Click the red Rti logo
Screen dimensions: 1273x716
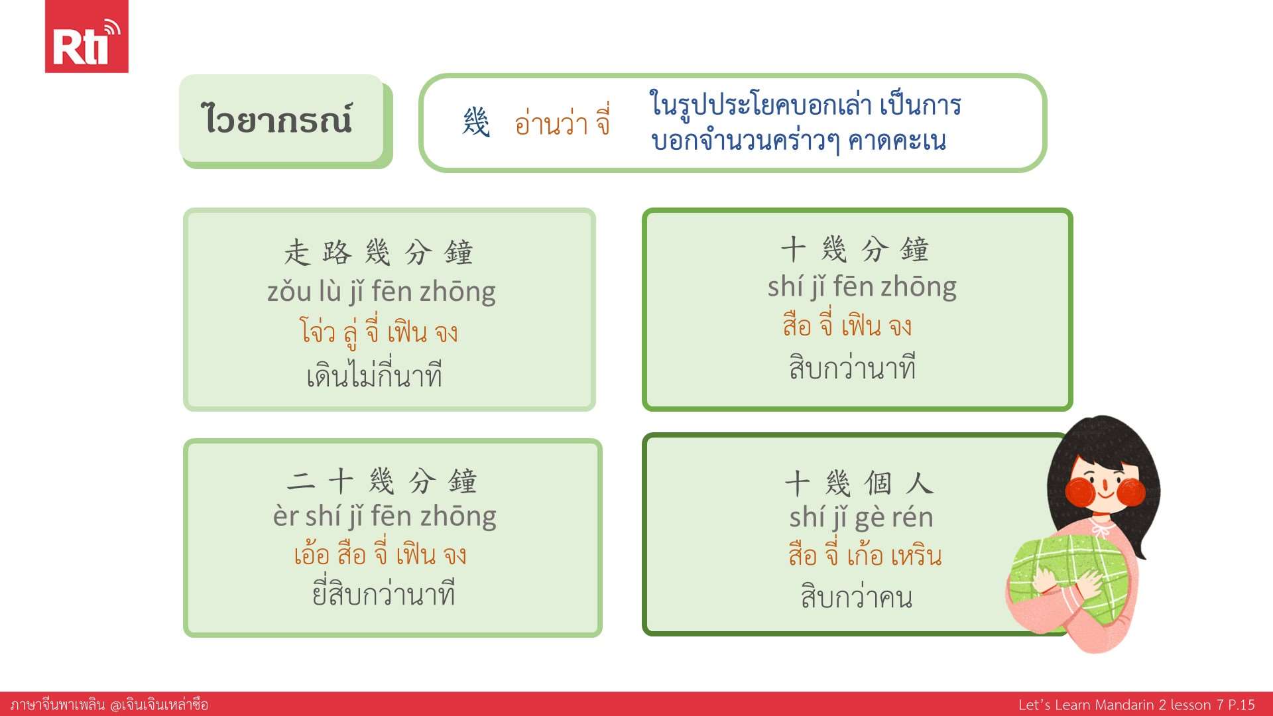(x=86, y=36)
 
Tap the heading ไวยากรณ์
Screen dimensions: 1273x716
(x=276, y=119)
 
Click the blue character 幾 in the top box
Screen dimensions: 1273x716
(x=476, y=122)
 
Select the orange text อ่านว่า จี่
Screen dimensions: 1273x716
(x=562, y=122)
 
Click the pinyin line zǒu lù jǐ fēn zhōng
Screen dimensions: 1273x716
(x=381, y=292)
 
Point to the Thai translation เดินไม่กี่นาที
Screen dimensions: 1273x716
(x=375, y=375)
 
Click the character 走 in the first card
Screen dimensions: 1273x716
(x=297, y=253)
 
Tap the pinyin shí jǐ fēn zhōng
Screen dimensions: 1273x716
(x=862, y=287)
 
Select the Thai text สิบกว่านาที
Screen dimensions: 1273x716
(x=853, y=367)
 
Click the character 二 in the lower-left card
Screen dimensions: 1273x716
(x=301, y=481)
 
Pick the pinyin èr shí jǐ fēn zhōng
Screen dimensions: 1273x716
(x=385, y=516)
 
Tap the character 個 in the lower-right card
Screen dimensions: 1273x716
(x=879, y=483)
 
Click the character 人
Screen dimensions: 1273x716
(x=920, y=483)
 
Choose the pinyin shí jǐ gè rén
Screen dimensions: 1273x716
(x=861, y=518)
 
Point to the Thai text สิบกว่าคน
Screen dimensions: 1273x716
(x=857, y=596)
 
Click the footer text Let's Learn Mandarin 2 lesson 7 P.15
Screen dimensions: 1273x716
(x=1136, y=705)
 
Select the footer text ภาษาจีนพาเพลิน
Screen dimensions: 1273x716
(x=58, y=705)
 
